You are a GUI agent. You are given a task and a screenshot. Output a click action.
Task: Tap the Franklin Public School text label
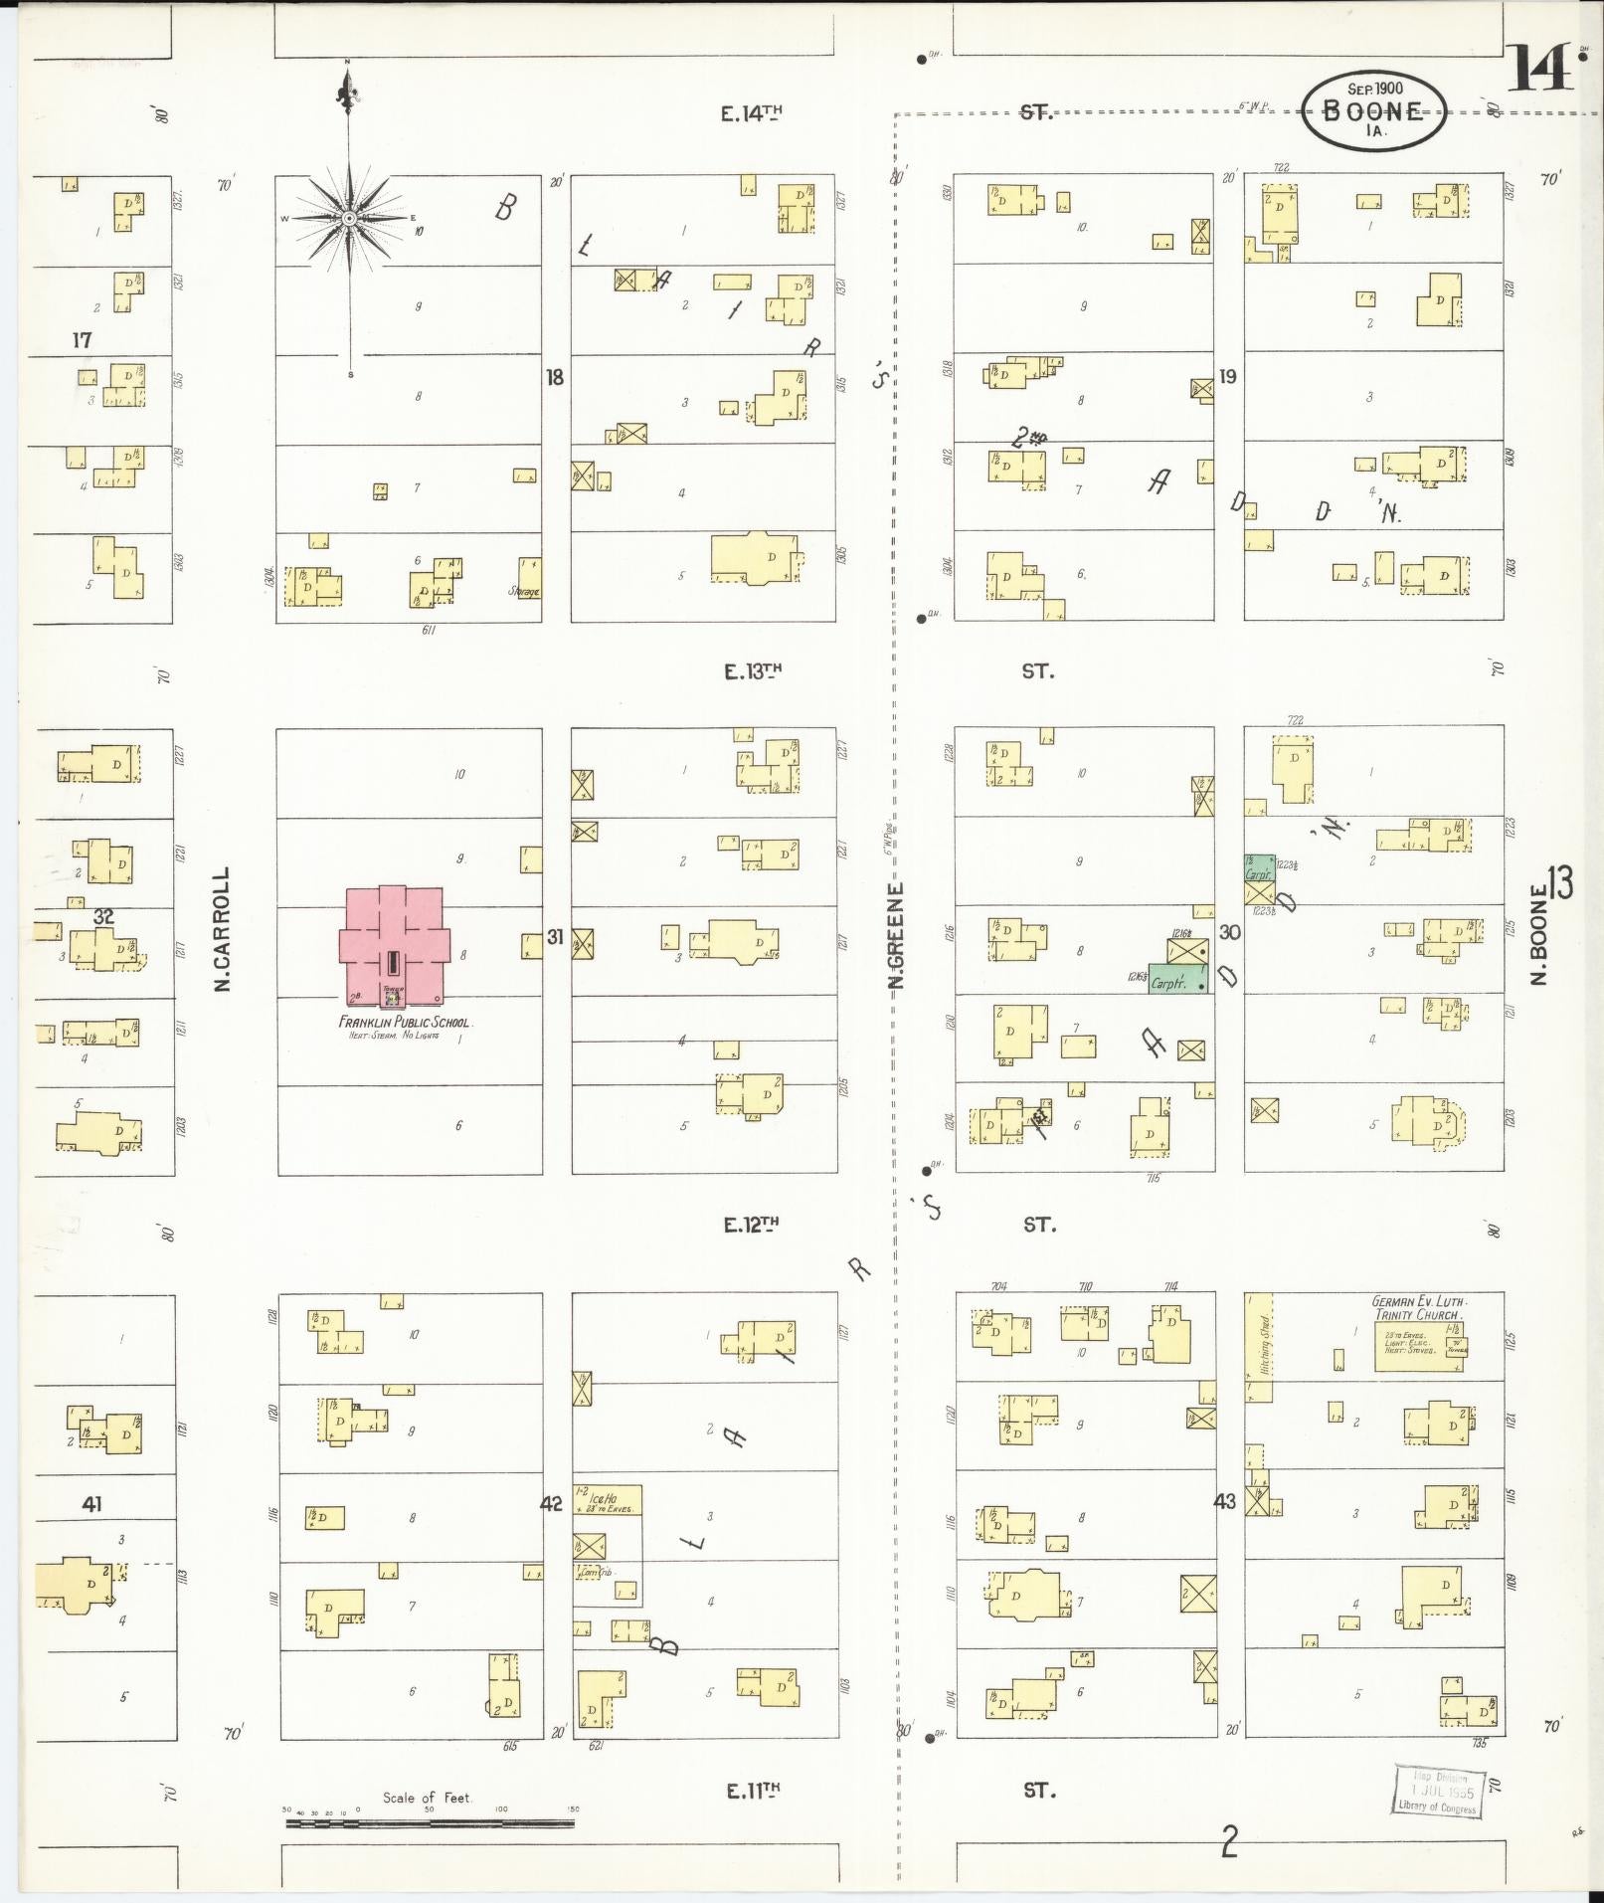pyautogui.click(x=405, y=1023)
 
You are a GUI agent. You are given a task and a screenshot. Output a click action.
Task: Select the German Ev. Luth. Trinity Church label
pyautogui.click(x=1419, y=1308)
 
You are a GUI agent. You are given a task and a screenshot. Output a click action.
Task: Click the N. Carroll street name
pyautogui.click(x=223, y=929)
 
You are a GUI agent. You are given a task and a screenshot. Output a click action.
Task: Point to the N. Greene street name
pyautogui.click(x=896, y=935)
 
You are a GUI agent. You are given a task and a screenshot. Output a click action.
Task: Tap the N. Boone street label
pyautogui.click(x=1540, y=935)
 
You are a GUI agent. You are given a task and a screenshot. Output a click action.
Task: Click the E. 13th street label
pyautogui.click(x=752, y=671)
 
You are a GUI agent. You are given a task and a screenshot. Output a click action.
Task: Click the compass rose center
pyautogui.click(x=349, y=218)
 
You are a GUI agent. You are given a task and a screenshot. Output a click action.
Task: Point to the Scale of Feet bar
pyautogui.click(x=430, y=1823)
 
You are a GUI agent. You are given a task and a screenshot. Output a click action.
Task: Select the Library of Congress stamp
pyautogui.click(x=1437, y=1793)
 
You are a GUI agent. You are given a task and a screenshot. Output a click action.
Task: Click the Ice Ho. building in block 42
pyautogui.click(x=607, y=1500)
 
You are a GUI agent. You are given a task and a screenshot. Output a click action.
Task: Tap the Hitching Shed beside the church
pyautogui.click(x=1258, y=1347)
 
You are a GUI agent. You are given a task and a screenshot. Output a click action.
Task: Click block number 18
pyautogui.click(x=555, y=377)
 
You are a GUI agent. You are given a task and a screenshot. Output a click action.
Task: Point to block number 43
pyautogui.click(x=1224, y=1501)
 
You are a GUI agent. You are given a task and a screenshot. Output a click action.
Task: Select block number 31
pyautogui.click(x=555, y=937)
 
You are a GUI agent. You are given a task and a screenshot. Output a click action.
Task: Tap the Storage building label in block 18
pyautogui.click(x=524, y=592)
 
